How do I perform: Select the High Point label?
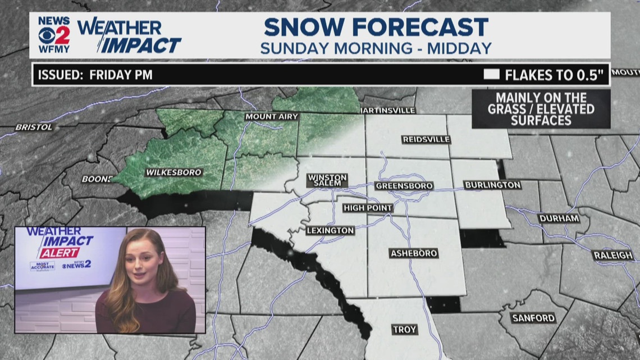[x=368, y=208]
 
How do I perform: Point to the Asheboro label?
[x=414, y=254]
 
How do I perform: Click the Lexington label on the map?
[x=331, y=230]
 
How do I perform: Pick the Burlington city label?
[x=493, y=185]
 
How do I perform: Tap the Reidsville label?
[x=426, y=139]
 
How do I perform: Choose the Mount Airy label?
[x=271, y=117]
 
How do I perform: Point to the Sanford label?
[x=533, y=318]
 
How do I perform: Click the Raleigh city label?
[x=612, y=256]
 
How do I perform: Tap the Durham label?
[x=559, y=218]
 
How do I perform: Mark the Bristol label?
[x=34, y=127]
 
